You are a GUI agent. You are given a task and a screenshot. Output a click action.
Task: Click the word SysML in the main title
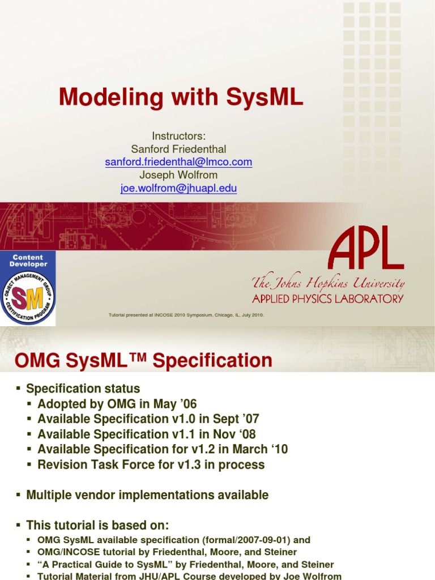click(265, 97)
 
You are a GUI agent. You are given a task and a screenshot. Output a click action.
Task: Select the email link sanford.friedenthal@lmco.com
click(178, 162)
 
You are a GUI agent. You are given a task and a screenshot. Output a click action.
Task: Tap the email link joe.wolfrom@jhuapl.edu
click(178, 189)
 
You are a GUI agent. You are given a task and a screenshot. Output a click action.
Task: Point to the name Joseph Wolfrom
click(178, 175)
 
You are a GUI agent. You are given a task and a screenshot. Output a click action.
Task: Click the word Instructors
click(178, 136)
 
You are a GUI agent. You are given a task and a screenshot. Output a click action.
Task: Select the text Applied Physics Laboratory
click(328, 298)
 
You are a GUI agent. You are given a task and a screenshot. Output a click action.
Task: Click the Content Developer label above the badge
click(28, 261)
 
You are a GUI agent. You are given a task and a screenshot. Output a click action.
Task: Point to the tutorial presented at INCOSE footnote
click(186, 315)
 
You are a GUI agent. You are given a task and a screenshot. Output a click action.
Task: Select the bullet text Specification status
click(83, 389)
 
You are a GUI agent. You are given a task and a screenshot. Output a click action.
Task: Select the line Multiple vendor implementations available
click(147, 495)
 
